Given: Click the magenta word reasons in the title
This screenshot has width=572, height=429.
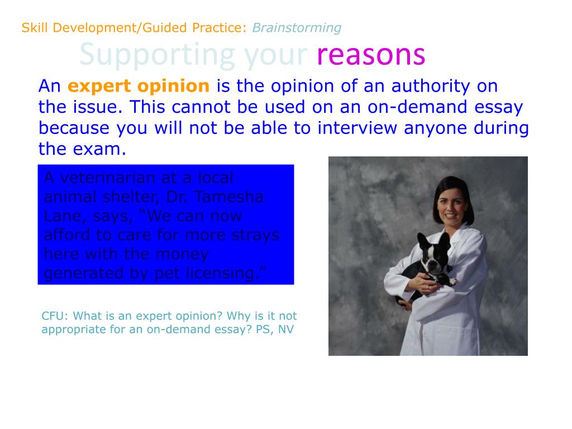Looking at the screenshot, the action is [371, 55].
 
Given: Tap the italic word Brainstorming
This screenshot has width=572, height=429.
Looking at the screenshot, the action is [297, 28].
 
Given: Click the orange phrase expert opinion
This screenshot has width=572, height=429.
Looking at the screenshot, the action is [139, 87].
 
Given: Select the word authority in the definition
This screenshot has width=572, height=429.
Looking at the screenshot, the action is [431, 87].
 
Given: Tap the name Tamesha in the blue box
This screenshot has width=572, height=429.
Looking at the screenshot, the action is [229, 197].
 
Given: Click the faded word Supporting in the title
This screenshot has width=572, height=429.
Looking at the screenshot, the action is [157, 56].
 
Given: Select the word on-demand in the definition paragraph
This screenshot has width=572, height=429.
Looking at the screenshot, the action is [417, 107].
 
